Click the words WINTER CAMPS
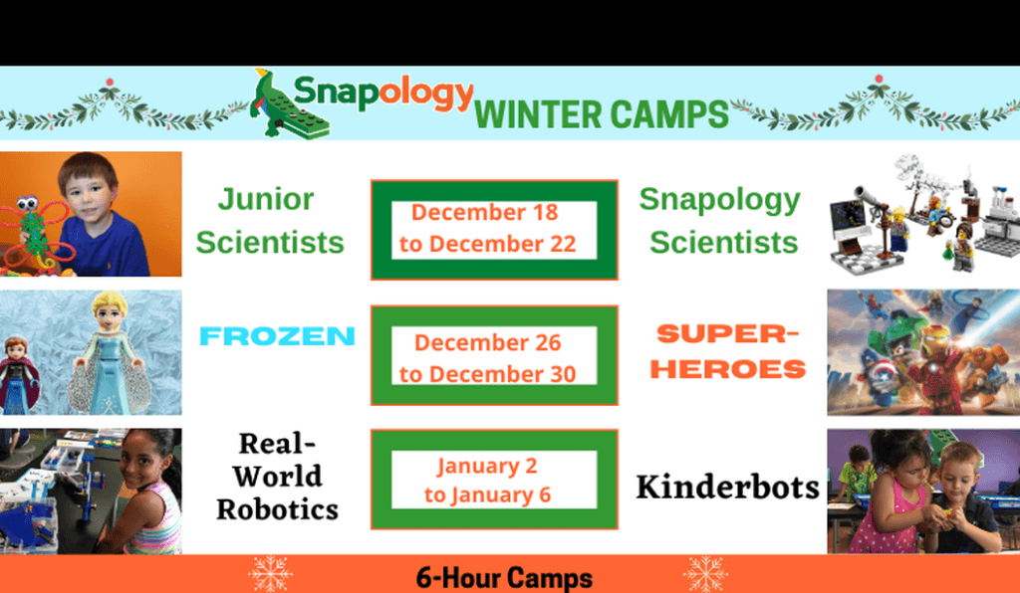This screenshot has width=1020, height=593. pyautogui.click(x=602, y=114)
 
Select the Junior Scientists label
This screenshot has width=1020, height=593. pyautogui.click(x=269, y=221)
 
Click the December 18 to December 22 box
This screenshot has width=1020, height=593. pyautogui.click(x=494, y=230)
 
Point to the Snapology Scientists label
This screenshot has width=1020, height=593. pyautogui.click(x=721, y=221)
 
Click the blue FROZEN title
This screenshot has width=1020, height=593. pyautogui.click(x=277, y=335)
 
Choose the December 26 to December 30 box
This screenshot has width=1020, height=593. pyautogui.click(x=494, y=355)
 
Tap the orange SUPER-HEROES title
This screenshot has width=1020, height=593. pyautogui.click(x=728, y=351)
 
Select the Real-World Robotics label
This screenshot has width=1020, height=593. pyautogui.click(x=278, y=476)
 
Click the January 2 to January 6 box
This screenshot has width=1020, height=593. pyautogui.click(x=494, y=480)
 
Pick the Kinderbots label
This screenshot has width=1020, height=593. pyautogui.click(x=727, y=487)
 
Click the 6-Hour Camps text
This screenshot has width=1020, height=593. pyautogui.click(x=504, y=578)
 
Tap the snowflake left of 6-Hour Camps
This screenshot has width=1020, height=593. pyautogui.click(x=271, y=573)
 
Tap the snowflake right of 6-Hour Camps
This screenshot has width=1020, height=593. pyautogui.click(x=706, y=573)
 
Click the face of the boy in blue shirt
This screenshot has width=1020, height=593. pyautogui.click(x=88, y=191)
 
